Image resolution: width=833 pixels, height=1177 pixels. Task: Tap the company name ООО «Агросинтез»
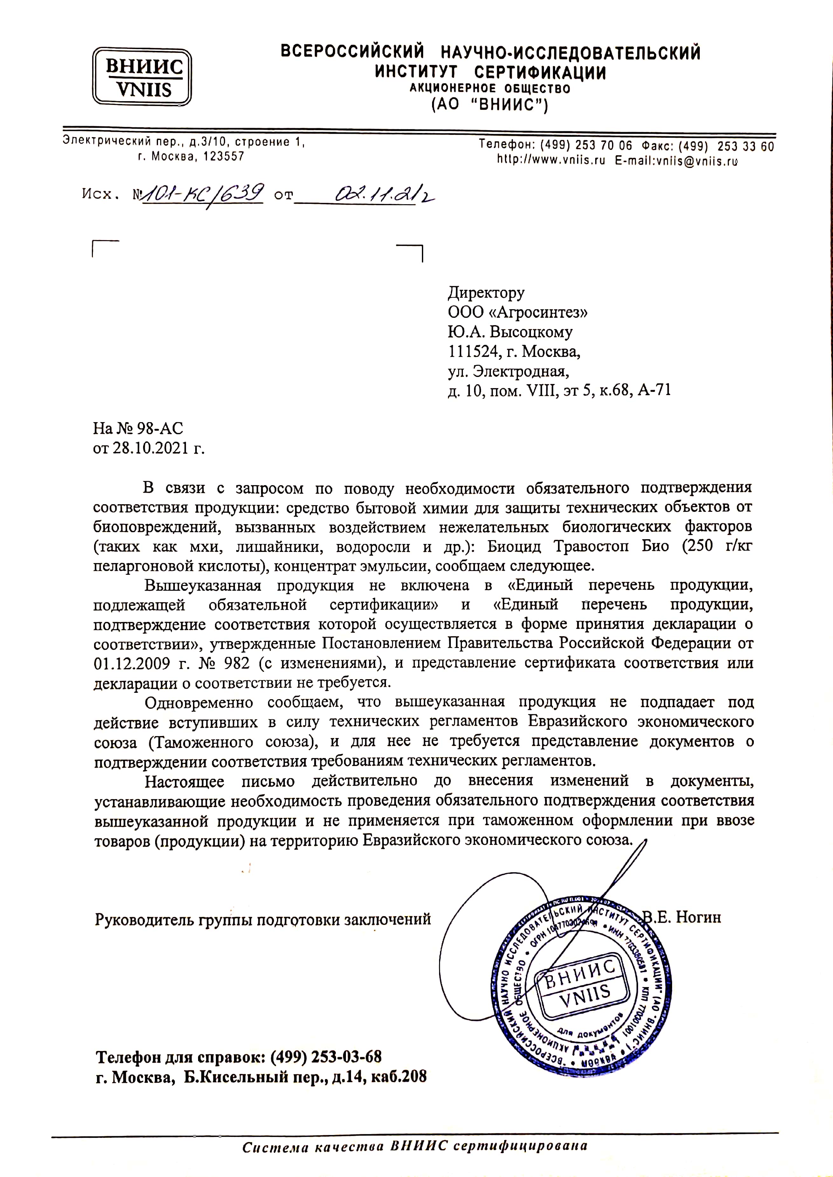[x=518, y=312]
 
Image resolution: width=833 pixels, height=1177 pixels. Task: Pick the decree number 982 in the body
[x=237, y=663]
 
